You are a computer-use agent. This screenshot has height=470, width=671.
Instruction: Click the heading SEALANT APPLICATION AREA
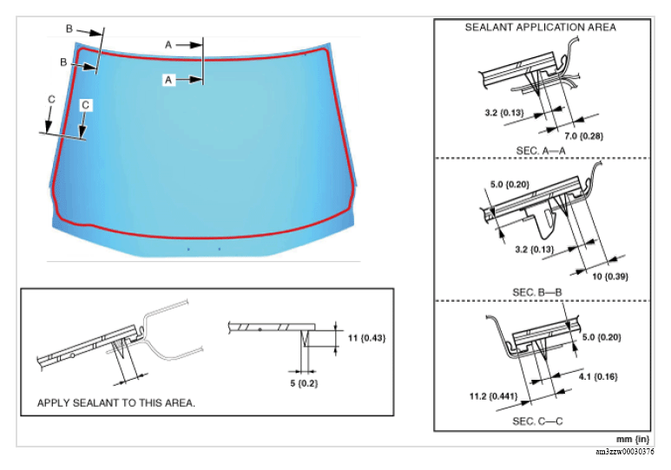coord(540,27)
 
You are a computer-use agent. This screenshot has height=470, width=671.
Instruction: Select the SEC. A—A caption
coord(540,148)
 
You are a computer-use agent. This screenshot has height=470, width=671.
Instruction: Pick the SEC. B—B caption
coord(540,291)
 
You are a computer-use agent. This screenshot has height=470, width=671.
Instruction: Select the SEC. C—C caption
coord(540,421)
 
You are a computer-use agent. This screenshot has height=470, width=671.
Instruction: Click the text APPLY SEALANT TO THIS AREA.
coord(115,403)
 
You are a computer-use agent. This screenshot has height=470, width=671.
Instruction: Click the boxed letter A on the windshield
coord(171,79)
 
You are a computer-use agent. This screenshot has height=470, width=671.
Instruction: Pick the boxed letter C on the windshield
coord(85,104)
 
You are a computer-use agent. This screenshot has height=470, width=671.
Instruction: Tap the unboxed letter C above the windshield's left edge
coord(51,101)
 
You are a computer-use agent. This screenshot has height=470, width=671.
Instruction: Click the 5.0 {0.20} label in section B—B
coord(509,185)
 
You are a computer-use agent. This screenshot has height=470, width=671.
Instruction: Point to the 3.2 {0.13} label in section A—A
coord(503,113)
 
